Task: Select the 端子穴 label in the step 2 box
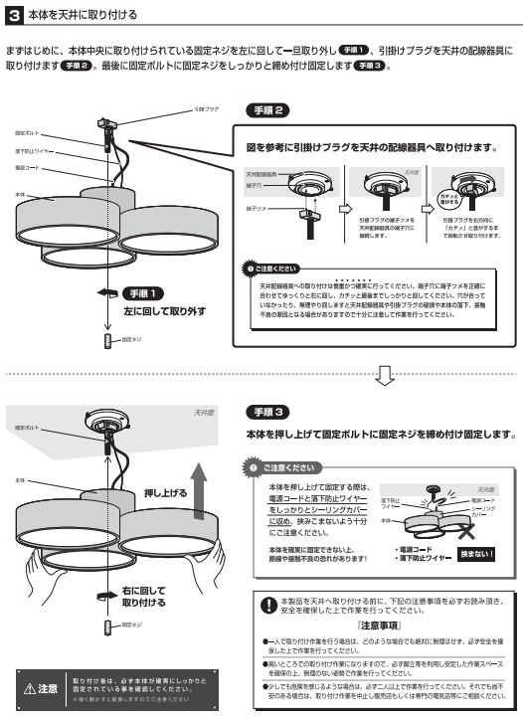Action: tap(255, 185)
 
